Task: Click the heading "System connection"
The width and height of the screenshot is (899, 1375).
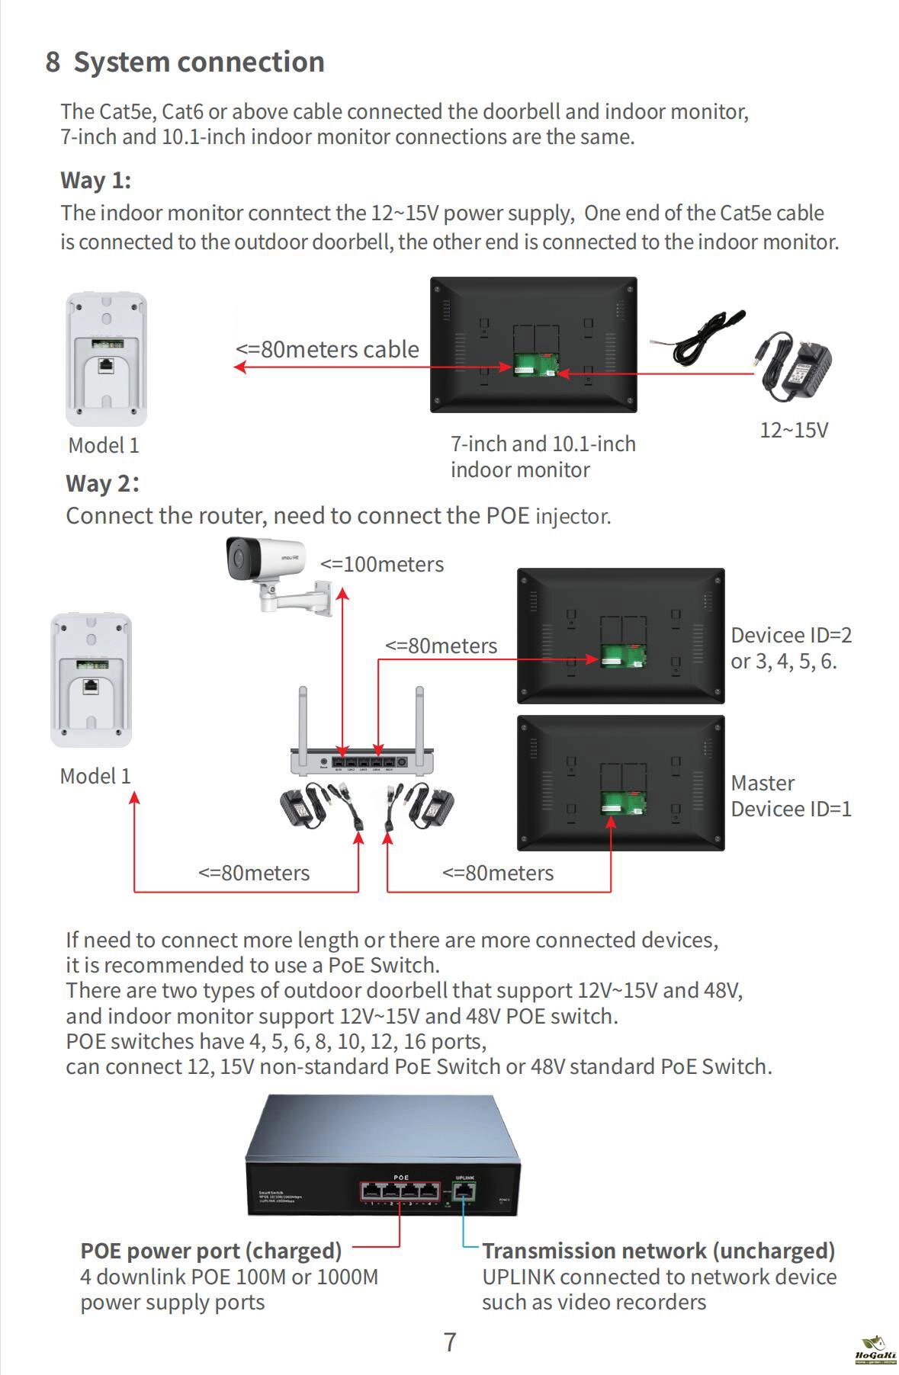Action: (x=198, y=62)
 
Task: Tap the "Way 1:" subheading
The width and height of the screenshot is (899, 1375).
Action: (x=95, y=181)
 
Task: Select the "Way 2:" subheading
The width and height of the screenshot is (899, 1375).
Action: (x=102, y=483)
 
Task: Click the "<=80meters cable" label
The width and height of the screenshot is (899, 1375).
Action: (x=327, y=350)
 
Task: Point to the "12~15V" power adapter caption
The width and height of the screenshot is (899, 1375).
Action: (x=793, y=430)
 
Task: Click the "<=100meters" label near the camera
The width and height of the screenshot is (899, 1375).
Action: (x=381, y=565)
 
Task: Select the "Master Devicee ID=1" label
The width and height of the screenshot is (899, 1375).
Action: (x=790, y=796)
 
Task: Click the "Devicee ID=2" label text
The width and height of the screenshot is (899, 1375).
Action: (x=791, y=636)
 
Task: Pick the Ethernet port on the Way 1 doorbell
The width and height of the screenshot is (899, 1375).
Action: (x=106, y=364)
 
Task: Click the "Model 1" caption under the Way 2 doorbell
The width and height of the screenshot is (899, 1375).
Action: (x=95, y=776)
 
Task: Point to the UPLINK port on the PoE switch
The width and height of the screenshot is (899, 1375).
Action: (x=464, y=1191)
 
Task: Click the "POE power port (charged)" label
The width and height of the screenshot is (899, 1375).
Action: (x=210, y=1251)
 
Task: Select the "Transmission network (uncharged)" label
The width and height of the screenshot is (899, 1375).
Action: (x=658, y=1251)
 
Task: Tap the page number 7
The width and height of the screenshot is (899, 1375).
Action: (x=450, y=1342)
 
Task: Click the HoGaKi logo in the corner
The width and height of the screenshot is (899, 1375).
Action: (x=875, y=1351)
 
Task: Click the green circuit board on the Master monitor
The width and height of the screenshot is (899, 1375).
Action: (x=622, y=803)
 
